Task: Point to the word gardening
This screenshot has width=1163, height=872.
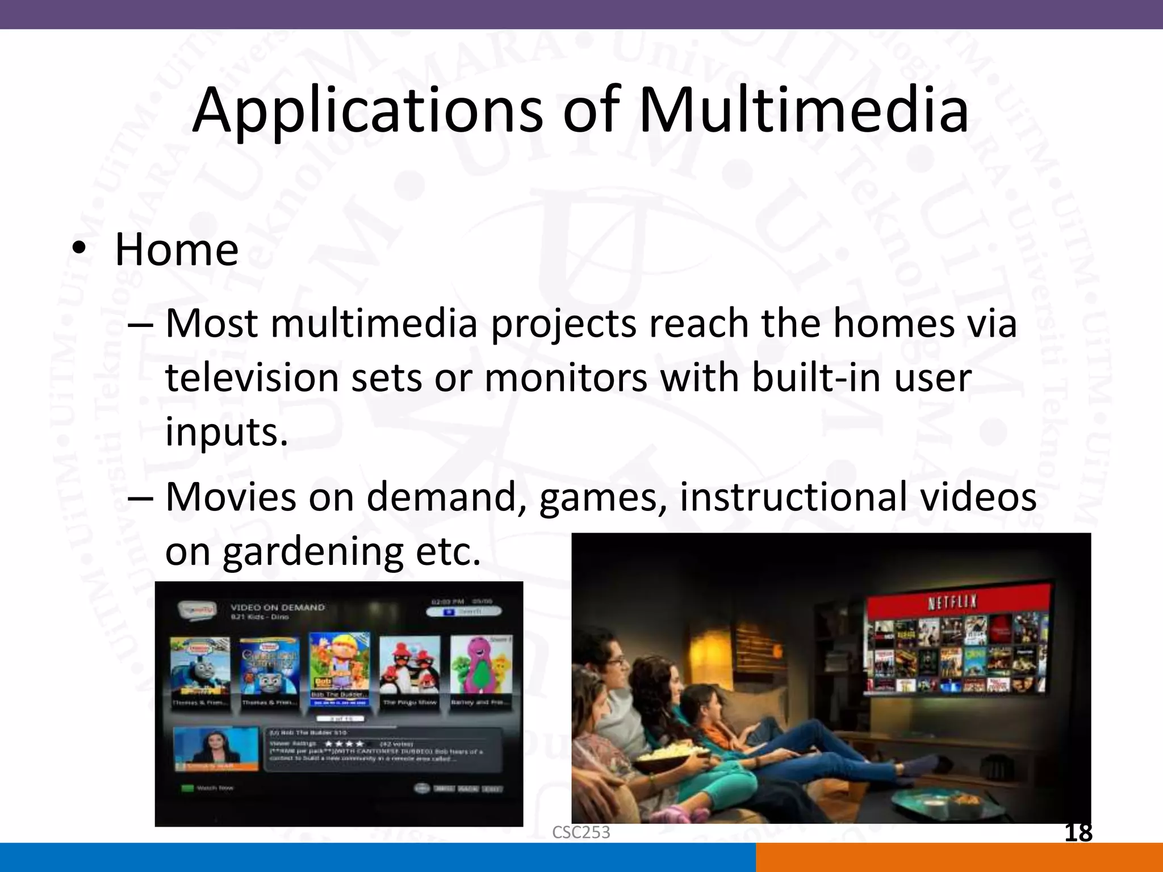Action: tap(312, 552)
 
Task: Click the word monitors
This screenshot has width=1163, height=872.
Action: tap(566, 378)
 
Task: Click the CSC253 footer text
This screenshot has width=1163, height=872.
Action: tap(581, 832)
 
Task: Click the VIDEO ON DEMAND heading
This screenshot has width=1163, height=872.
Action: tap(278, 607)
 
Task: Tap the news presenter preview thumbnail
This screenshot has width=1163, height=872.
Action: tap(216, 748)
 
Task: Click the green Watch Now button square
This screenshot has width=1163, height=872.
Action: tap(187, 788)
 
